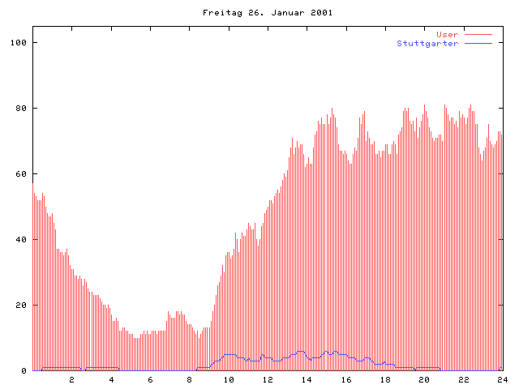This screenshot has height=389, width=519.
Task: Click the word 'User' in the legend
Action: (x=447, y=34)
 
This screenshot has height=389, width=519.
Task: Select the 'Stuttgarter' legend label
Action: (x=427, y=43)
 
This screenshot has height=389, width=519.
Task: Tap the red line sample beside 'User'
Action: (x=479, y=34)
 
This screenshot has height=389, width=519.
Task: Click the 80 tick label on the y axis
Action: (x=22, y=108)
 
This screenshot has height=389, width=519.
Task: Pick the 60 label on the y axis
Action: (x=22, y=173)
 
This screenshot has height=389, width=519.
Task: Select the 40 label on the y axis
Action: (x=22, y=240)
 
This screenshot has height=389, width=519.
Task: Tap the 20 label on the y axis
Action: (x=22, y=306)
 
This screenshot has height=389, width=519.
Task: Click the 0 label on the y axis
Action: (x=24, y=371)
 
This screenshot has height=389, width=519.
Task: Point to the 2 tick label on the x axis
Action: (x=71, y=379)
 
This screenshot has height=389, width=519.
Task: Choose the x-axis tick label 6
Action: (x=150, y=379)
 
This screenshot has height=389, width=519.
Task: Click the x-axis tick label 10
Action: (x=229, y=379)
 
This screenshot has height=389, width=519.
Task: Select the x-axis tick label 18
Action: (x=385, y=379)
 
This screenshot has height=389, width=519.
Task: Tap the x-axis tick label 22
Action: (x=463, y=379)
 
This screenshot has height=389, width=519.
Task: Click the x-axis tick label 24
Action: (x=502, y=379)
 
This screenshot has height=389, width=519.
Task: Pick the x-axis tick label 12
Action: (x=268, y=379)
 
